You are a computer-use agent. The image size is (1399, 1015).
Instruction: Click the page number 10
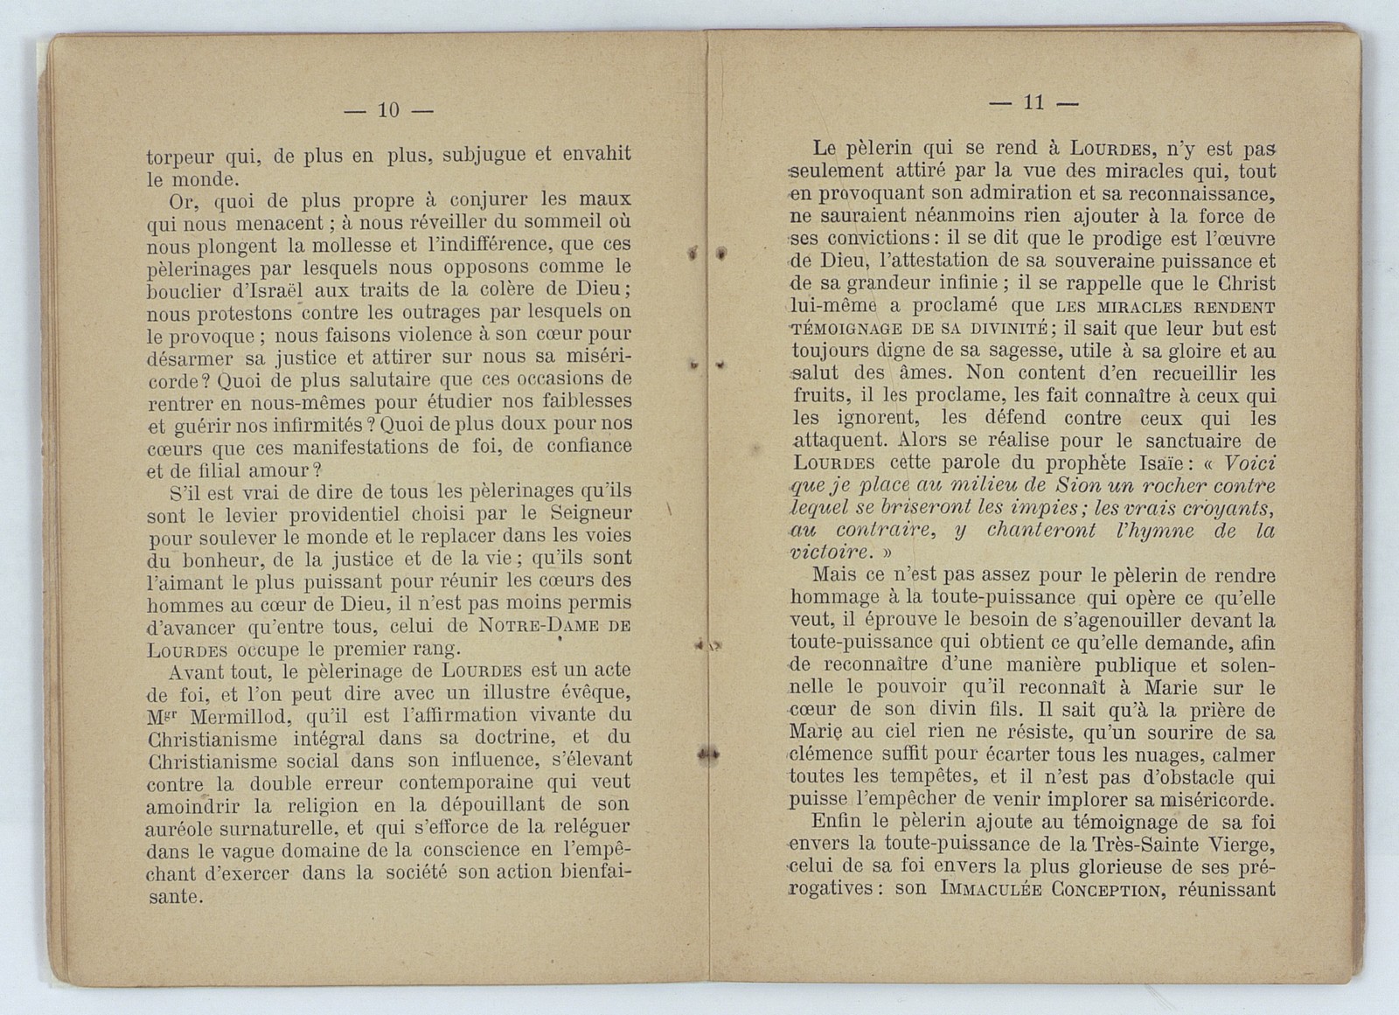point(388,109)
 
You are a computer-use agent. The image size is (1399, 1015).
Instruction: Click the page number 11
point(1033,102)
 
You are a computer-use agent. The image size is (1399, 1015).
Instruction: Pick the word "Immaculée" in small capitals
point(990,889)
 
